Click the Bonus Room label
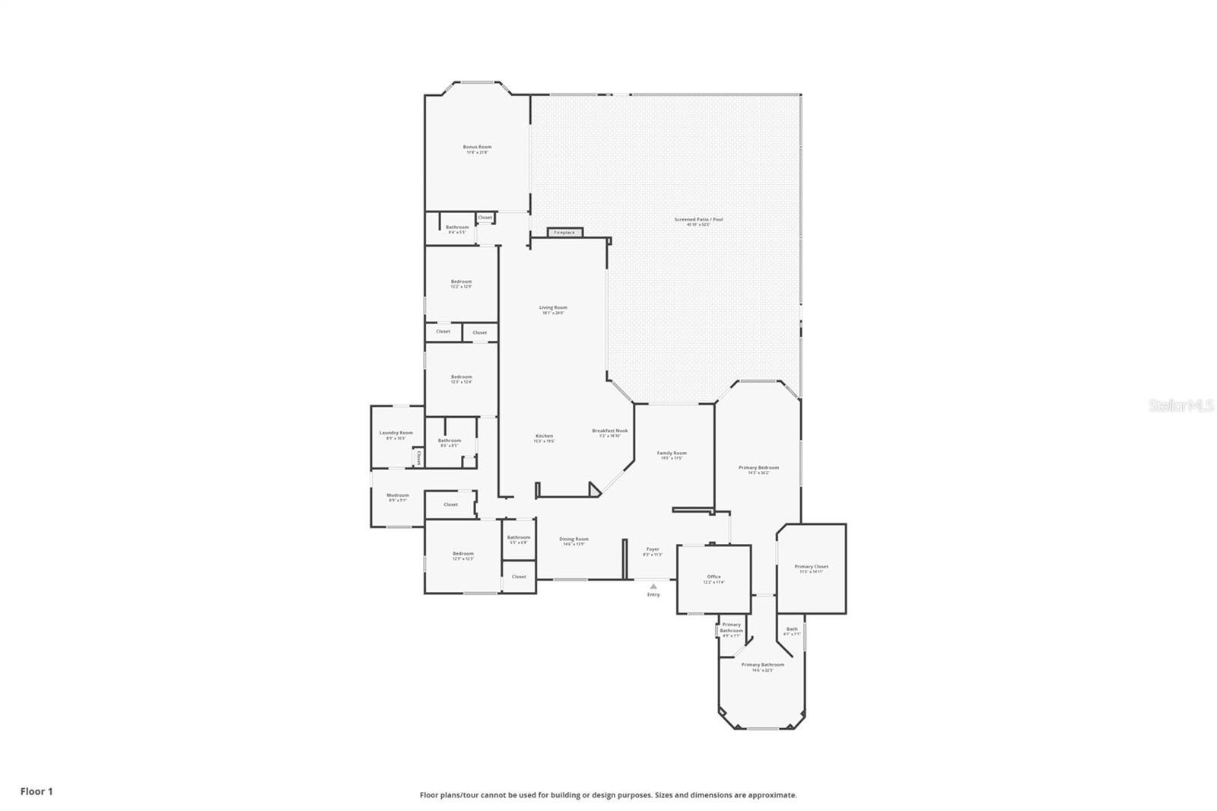click(x=477, y=148)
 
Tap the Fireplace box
click(x=564, y=232)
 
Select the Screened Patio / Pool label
click(x=698, y=220)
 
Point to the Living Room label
click(x=553, y=308)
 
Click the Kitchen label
click(x=543, y=437)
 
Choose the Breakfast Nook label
click(x=610, y=431)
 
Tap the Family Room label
click(x=672, y=453)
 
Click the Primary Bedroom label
click(x=758, y=469)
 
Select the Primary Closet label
click(x=811, y=567)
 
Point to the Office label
click(x=713, y=577)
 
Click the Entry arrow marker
click(x=653, y=587)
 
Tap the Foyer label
click(x=653, y=549)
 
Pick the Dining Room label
click(x=574, y=539)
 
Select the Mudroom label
click(x=398, y=496)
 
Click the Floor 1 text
click(x=37, y=791)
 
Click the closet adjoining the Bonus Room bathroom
click(x=485, y=218)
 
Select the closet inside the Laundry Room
click(x=418, y=457)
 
